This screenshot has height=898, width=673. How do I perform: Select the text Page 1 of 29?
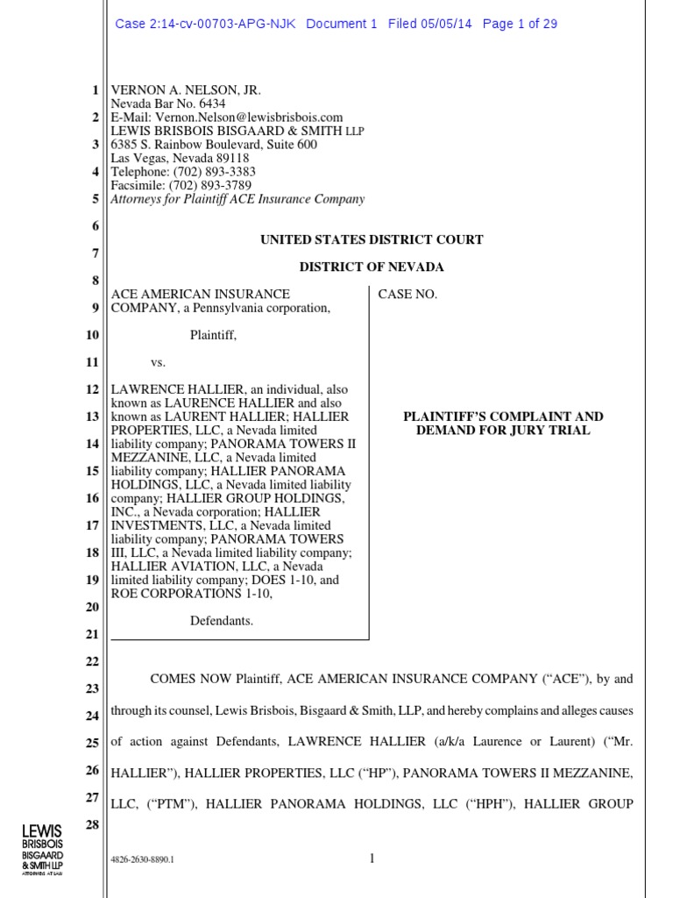(520, 24)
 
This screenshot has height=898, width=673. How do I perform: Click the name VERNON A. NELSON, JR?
(186, 90)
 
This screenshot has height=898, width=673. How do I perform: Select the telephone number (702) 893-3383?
(214, 172)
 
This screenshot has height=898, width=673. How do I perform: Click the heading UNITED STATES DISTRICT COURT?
(372, 239)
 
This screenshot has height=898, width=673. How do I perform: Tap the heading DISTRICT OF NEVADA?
(372, 267)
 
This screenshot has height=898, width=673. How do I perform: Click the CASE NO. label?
(407, 295)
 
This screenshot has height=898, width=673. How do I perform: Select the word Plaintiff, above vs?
(213, 334)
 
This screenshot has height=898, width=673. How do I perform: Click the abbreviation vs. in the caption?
(159, 361)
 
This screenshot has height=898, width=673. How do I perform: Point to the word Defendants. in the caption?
(222, 621)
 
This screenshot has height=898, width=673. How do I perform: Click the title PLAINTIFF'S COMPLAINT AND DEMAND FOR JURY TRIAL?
(502, 424)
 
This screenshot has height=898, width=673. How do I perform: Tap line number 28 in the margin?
(91, 824)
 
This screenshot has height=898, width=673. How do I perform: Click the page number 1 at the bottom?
(372, 859)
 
